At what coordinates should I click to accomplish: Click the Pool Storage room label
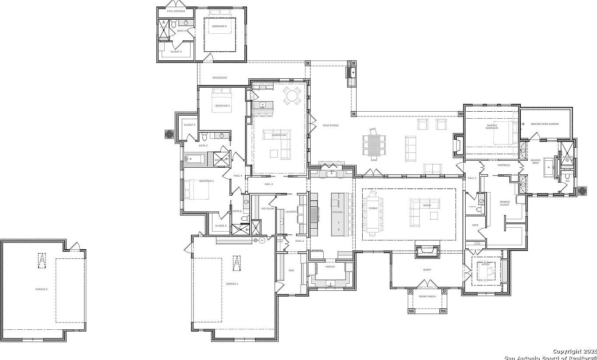176,11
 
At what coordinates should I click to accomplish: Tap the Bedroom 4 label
219,26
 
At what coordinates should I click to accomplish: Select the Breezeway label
220,78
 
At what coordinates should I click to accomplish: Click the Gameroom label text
279,135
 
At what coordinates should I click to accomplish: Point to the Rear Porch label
331,126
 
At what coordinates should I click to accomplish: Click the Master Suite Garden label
545,124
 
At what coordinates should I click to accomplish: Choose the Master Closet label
505,203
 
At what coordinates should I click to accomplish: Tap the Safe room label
475,225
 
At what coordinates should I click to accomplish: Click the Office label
486,264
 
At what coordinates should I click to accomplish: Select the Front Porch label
427,296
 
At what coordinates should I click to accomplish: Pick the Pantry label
330,266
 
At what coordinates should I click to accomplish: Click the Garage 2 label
42,289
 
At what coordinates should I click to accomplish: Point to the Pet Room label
268,208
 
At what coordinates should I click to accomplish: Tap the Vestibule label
504,165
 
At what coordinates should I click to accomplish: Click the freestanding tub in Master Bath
548,167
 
